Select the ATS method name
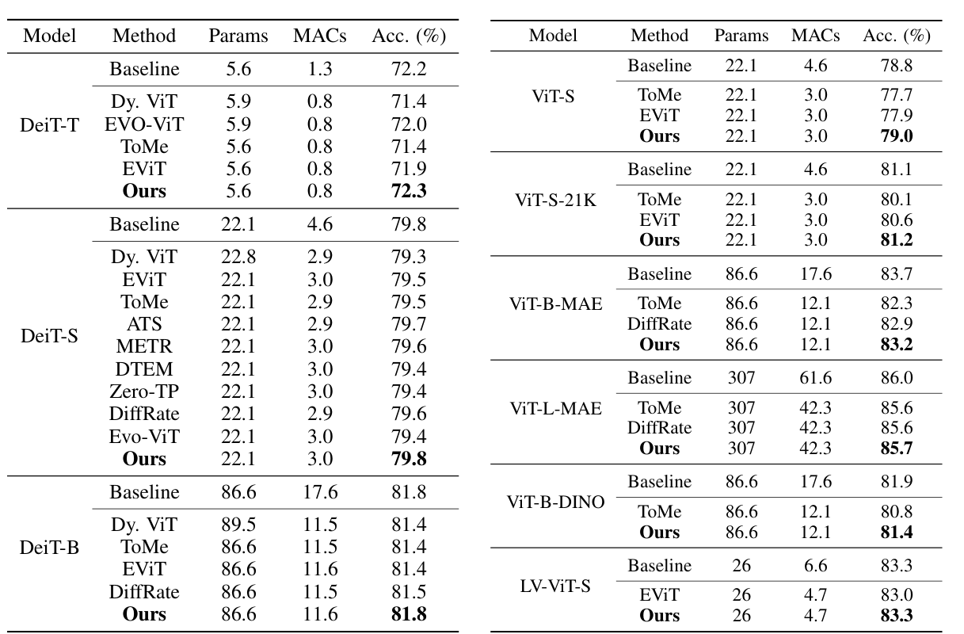(x=144, y=323)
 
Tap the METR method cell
(x=144, y=346)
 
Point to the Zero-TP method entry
(x=144, y=391)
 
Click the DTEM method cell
(x=144, y=369)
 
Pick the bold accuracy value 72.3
(x=409, y=191)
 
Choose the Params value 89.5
(x=238, y=524)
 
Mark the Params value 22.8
(x=238, y=257)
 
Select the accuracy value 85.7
(x=897, y=448)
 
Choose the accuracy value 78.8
(x=897, y=66)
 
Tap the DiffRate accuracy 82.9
(x=897, y=324)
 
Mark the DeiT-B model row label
(x=49, y=548)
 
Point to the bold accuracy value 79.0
(x=897, y=136)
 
